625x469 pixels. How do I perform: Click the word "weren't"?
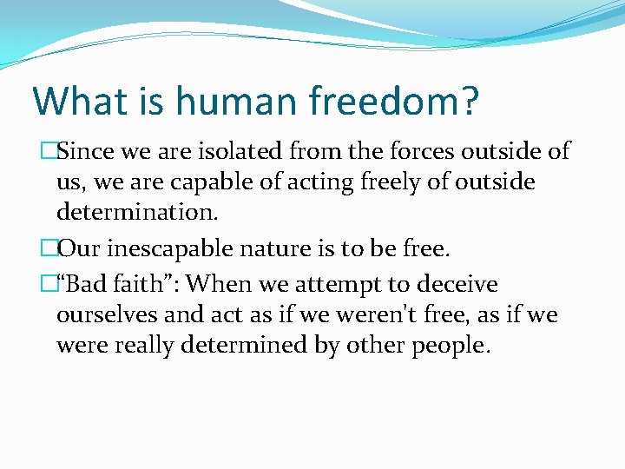(x=395, y=314)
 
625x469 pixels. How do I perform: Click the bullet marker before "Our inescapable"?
(x=50, y=250)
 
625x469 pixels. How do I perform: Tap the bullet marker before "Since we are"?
(x=50, y=151)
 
